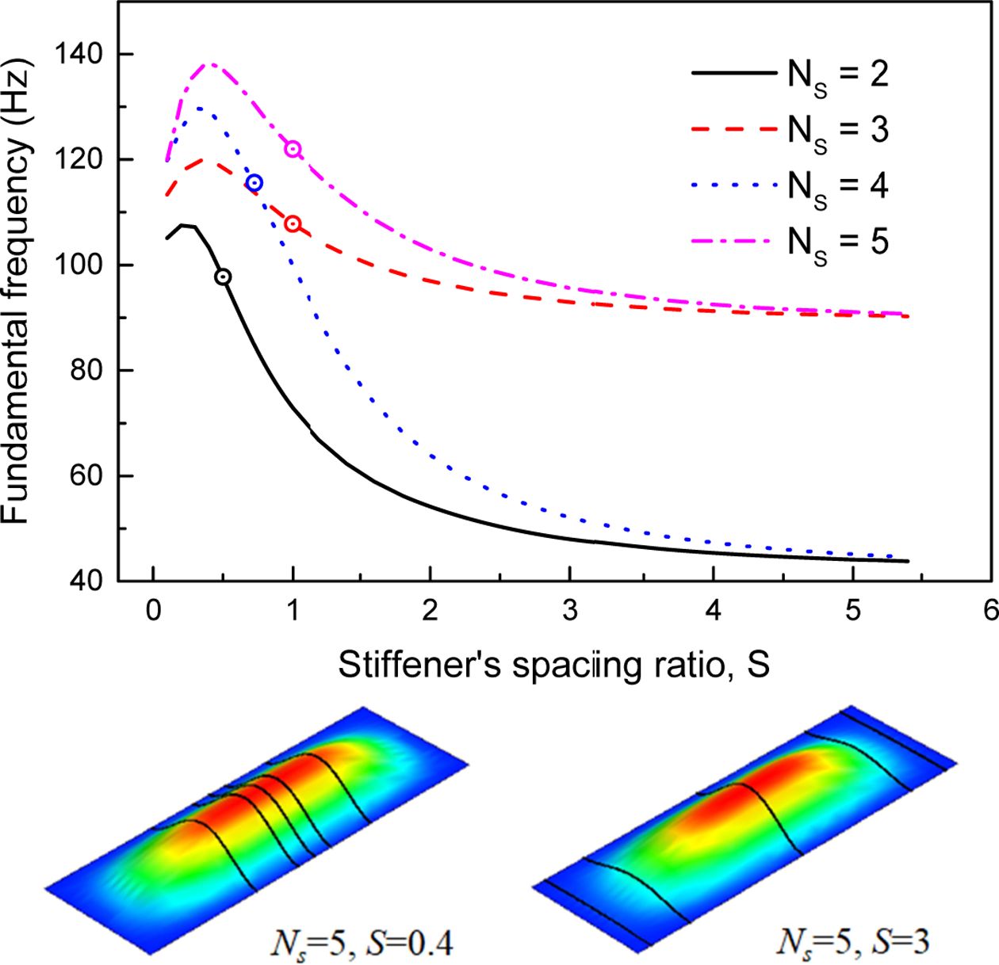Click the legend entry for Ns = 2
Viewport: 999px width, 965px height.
790,74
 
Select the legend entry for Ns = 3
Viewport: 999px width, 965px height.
790,129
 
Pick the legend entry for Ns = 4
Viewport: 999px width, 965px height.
790,185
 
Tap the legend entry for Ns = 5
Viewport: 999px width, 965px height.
790,241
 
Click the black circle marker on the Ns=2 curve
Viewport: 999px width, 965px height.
224,277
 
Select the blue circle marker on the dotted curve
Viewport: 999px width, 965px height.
254,183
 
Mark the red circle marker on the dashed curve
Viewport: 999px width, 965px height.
293,224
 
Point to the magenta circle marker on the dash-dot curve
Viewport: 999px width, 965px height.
293,149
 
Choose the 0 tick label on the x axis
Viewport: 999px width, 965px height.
153,611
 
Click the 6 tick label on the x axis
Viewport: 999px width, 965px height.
989,611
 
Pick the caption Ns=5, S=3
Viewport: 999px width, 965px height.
852,942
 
